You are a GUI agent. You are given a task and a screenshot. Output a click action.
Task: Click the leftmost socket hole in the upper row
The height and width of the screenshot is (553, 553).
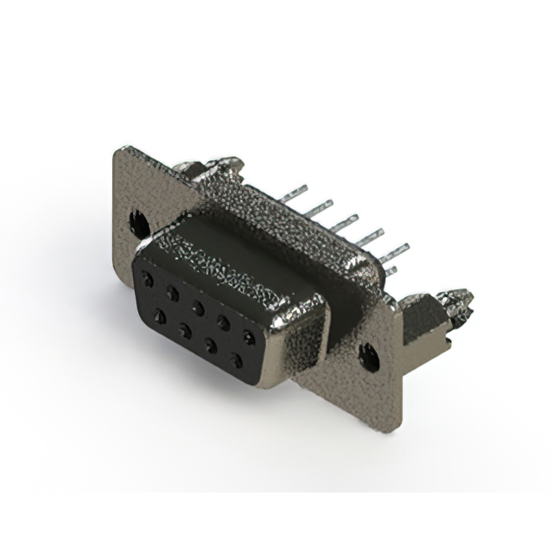tap(149, 280)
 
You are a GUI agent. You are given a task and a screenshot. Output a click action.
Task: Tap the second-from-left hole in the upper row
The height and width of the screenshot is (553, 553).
tap(173, 293)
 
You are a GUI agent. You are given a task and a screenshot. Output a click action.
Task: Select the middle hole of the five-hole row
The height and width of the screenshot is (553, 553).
tap(198, 307)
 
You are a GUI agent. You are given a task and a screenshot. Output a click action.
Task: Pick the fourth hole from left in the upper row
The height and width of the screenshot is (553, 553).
tap(224, 321)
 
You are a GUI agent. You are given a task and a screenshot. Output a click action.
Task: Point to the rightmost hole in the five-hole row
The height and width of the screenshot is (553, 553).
tap(250, 336)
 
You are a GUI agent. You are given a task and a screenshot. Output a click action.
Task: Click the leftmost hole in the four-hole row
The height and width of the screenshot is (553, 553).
tap(159, 317)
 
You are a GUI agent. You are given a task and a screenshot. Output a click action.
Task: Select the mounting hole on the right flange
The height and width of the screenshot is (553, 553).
tap(370, 355)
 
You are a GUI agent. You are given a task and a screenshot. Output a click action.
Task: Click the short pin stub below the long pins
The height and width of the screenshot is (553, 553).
tap(391, 270)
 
